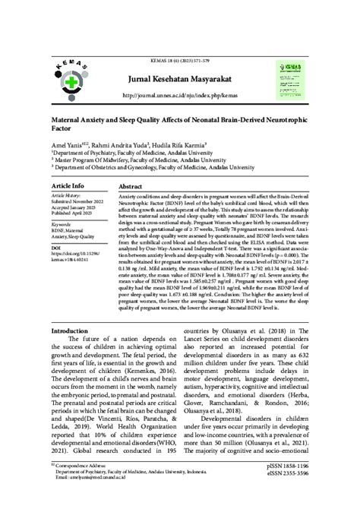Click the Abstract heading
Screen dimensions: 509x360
(131, 185)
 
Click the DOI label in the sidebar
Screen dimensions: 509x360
(55, 248)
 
